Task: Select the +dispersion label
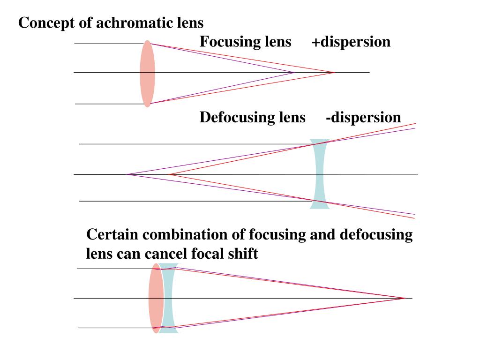pos(351,42)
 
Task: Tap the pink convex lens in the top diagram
pos(147,73)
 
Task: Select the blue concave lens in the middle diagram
pos(319,174)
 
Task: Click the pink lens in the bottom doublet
pos(156,298)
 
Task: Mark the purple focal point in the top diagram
pos(294,72)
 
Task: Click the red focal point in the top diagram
pos(334,72)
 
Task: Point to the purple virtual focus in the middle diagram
pos(127,174)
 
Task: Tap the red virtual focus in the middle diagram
pos(169,174)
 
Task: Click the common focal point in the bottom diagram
pos(405,298)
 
